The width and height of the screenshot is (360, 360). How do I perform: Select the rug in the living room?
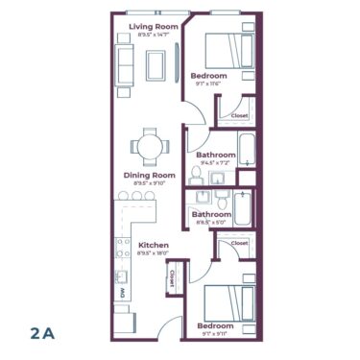[x=155, y=63]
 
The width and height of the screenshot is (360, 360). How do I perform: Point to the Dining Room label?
[x=150, y=175]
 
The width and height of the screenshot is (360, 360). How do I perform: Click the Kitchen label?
[x=154, y=246]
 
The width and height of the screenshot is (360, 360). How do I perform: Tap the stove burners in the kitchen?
[x=123, y=252]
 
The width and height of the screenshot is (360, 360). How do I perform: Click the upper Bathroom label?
[x=216, y=155]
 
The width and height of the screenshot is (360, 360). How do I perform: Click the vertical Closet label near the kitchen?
[x=173, y=278]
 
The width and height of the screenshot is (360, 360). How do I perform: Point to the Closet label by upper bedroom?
[x=240, y=115]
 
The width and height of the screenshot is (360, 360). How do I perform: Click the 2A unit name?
[x=41, y=332]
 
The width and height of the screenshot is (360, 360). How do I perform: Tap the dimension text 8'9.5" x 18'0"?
[x=154, y=254]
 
